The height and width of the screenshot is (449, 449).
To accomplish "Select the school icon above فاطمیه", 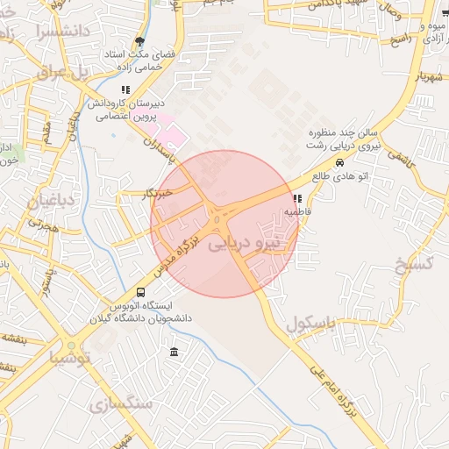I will point(298,198).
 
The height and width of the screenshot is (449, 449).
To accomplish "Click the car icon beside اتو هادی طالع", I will point(339,162).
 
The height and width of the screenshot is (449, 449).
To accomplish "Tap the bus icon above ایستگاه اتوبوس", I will point(141,292).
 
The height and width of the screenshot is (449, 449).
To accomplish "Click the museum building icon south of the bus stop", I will point(174,353).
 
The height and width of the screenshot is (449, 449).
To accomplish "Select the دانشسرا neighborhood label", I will point(42,32).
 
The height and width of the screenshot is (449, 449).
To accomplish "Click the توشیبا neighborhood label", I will point(69,357).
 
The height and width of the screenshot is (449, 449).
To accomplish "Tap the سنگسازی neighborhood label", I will point(119,403).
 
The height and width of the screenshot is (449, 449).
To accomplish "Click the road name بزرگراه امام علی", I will point(339,392).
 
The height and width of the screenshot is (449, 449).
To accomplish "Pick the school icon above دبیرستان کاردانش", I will point(126,89).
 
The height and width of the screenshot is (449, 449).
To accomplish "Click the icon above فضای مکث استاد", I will point(139,40).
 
